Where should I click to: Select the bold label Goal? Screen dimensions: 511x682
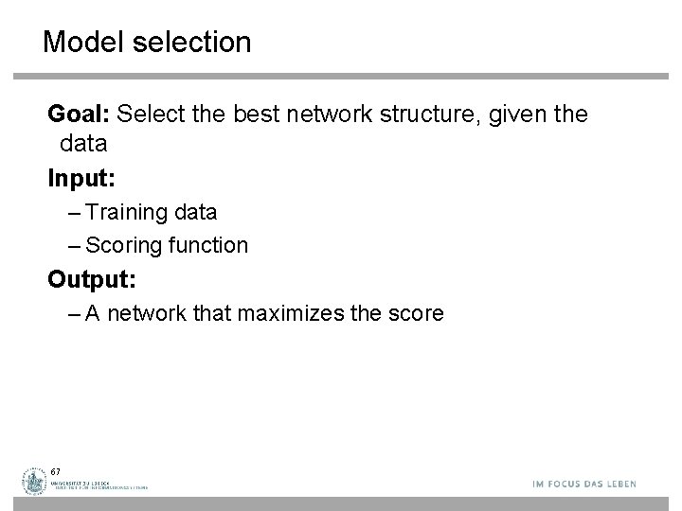[81, 115]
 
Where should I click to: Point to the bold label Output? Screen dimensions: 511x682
[90, 279]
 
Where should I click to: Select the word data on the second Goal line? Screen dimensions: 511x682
[83, 144]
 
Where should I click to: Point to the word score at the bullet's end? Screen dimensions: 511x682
[413, 313]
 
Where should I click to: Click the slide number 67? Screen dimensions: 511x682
[56, 471]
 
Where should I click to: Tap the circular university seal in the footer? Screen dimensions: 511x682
[36, 482]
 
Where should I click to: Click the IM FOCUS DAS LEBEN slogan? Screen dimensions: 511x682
[583, 484]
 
